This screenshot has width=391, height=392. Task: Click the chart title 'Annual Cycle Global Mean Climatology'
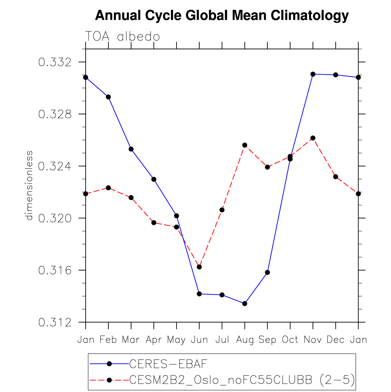click(x=222, y=15)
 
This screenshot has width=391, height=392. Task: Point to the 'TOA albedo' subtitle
click(x=122, y=37)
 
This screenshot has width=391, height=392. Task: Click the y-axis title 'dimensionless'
click(x=29, y=185)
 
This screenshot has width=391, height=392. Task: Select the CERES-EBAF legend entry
click(x=168, y=363)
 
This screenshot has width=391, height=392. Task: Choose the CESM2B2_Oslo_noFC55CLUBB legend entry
click(x=242, y=380)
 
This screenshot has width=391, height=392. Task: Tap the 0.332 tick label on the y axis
click(x=55, y=62)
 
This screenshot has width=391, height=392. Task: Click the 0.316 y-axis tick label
click(x=55, y=270)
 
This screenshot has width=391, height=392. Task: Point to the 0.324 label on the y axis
click(x=55, y=166)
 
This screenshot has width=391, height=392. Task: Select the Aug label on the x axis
click(x=245, y=340)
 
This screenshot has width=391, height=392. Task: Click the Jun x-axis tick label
click(x=199, y=340)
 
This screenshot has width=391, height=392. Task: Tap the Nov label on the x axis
click(x=313, y=340)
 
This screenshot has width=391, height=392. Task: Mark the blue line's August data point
click(x=245, y=303)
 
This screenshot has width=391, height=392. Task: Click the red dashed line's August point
click(x=245, y=145)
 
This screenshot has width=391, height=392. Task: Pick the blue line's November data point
click(x=313, y=74)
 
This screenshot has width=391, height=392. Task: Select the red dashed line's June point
click(x=199, y=267)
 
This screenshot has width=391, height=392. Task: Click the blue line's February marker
click(x=108, y=97)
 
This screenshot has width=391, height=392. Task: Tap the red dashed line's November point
click(x=313, y=138)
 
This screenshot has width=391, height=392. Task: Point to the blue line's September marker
click(x=267, y=272)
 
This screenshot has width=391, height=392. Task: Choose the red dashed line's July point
click(x=222, y=210)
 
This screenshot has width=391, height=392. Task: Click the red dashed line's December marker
click(x=336, y=177)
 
